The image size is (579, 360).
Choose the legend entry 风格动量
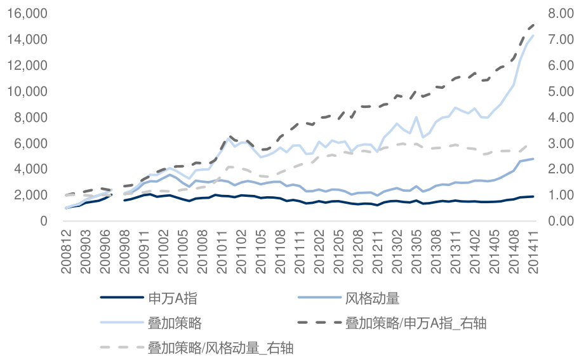tap(373, 297)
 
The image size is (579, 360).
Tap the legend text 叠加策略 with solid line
tap(175, 323)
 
